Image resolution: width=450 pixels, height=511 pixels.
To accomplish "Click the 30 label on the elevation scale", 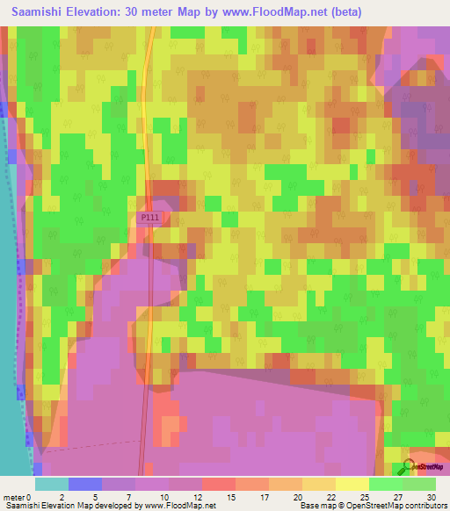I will coord(431,497).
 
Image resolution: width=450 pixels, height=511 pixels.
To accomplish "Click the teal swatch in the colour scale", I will coord(52,484).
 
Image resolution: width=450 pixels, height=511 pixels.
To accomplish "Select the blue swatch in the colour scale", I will coord(85,484).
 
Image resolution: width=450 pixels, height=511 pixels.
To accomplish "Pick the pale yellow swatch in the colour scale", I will coord(352,484).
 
